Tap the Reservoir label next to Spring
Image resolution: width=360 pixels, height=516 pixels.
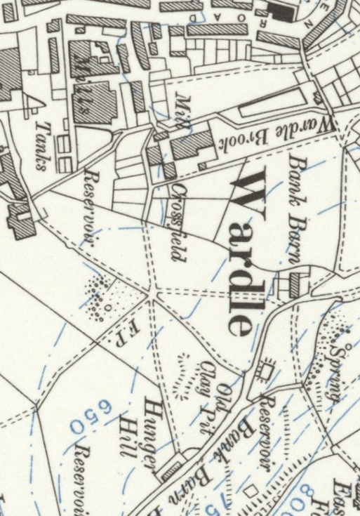click(267, 406)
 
